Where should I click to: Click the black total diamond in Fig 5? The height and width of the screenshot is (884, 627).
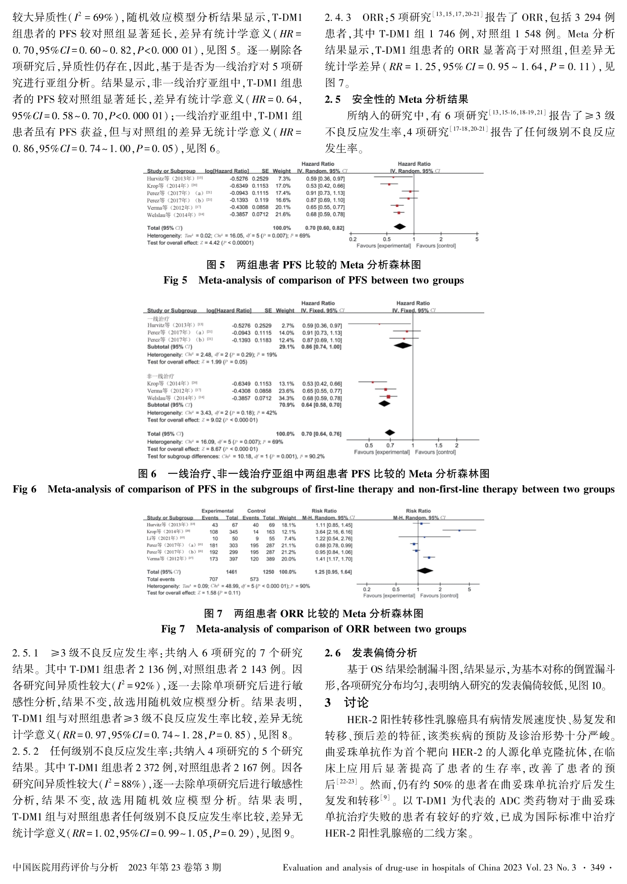coord(399,227)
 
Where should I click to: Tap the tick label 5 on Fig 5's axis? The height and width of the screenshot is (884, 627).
coord(477,239)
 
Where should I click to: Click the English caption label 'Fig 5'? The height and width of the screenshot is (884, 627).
coord(175,280)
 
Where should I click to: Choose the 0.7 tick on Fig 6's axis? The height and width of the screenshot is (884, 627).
coord(390,445)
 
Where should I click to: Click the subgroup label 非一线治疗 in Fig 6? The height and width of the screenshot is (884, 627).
coord(161,376)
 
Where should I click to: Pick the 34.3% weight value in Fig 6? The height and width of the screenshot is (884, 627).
coord(286,398)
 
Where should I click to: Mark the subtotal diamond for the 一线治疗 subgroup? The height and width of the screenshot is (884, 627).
coord(403,346)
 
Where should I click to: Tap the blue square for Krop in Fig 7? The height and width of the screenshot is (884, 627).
coord(459,530)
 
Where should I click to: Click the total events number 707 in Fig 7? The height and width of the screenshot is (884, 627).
coord(213,579)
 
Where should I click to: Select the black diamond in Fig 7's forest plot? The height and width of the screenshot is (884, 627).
coord(425,570)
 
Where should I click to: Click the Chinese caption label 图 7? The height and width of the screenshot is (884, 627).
coord(213,613)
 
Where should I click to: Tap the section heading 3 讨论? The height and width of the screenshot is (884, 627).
coord(346,703)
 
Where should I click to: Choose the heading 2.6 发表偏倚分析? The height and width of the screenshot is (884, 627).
coord(371,653)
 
